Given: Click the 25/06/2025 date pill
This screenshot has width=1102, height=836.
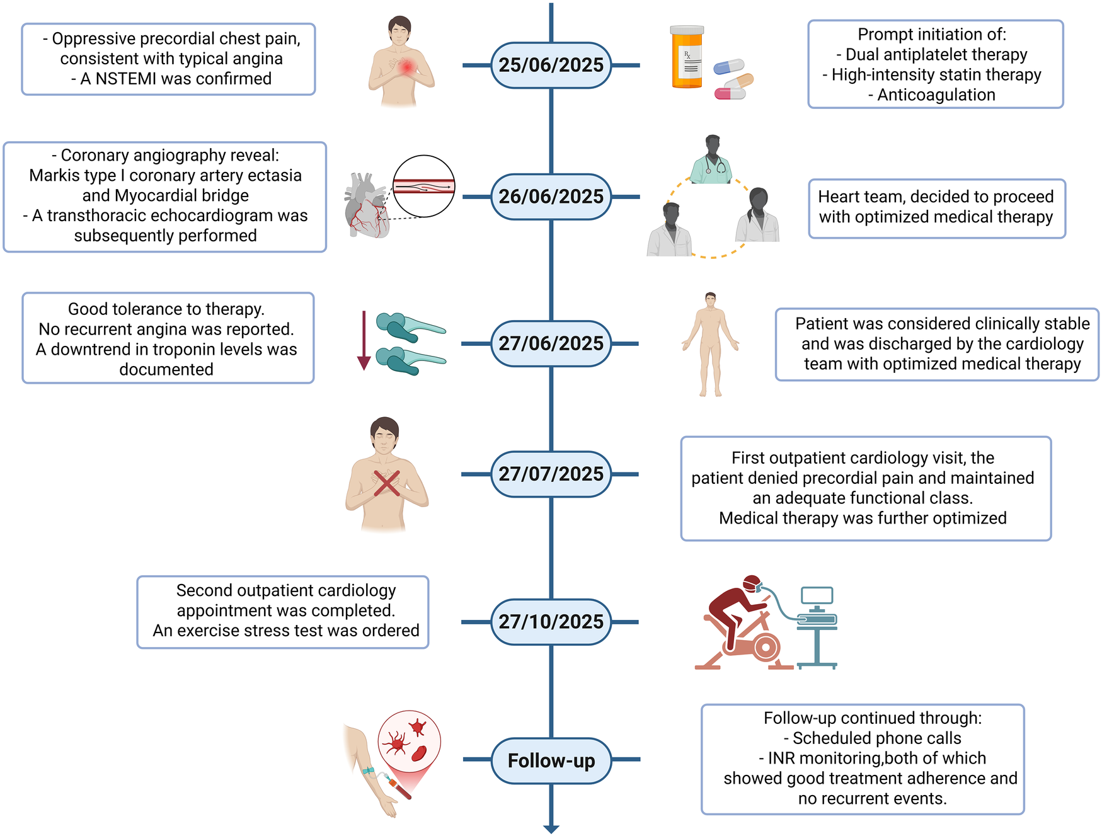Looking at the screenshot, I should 551,65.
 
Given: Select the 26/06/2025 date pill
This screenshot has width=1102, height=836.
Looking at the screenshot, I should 551,197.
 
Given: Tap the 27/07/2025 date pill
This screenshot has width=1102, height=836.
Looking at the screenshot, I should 551,474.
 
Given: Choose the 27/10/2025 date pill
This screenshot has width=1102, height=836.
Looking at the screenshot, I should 551,622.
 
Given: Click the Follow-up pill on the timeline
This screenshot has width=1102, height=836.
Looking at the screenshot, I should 551,761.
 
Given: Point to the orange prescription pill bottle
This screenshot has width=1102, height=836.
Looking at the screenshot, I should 687,58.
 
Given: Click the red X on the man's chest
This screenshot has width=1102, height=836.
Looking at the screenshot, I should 386,483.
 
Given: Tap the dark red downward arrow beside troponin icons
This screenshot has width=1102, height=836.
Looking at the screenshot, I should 364,340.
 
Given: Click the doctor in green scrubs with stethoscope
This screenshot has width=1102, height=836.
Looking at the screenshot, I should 711,160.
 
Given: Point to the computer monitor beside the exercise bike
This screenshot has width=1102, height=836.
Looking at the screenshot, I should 817,596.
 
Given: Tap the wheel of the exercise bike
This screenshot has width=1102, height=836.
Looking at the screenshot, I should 765,647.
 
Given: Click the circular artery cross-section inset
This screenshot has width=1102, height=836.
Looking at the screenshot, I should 423,186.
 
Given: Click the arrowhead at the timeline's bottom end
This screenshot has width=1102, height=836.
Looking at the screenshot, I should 551,829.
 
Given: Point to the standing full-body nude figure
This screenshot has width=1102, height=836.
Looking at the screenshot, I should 710,344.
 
